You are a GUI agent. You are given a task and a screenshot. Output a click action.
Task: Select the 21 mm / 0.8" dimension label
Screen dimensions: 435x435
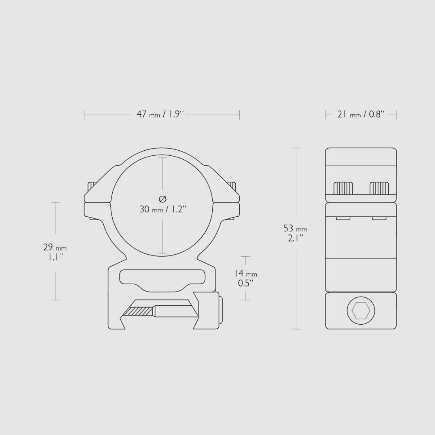click(x=361, y=115)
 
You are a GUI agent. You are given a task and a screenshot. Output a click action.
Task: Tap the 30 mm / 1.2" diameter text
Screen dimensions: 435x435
click(x=163, y=209)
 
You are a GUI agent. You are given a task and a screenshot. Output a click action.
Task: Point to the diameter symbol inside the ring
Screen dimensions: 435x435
click(x=163, y=199)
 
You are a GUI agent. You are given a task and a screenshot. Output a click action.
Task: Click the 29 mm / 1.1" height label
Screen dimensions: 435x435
click(x=55, y=252)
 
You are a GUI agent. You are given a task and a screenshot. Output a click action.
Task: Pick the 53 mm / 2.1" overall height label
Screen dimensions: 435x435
click(x=295, y=233)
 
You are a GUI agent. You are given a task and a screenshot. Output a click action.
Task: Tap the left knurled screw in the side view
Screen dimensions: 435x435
click(x=344, y=188)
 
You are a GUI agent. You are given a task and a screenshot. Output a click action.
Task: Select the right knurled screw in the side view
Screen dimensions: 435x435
click(x=379, y=188)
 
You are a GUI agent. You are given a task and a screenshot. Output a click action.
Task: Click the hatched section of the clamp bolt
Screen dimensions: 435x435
click(x=139, y=312)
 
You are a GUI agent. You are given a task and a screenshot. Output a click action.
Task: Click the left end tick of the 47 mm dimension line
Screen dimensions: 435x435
click(x=84, y=115)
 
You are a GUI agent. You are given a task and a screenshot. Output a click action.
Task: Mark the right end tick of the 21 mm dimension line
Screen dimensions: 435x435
click(x=396, y=115)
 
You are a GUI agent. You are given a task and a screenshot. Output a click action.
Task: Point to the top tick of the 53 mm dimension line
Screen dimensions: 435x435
click(x=296, y=148)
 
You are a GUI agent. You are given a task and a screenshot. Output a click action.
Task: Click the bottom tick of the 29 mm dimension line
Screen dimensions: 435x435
click(x=56, y=300)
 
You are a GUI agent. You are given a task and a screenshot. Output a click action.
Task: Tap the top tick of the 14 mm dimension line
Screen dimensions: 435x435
click(x=246, y=256)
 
